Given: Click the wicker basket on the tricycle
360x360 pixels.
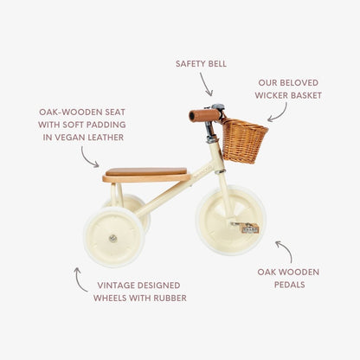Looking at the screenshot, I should click(244, 140).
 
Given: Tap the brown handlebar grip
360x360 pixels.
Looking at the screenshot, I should click(204, 115).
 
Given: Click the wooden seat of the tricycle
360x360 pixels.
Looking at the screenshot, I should click(146, 175).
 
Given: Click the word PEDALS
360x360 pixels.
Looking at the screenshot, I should click(288, 285).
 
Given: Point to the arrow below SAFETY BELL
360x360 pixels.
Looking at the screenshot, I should click(206, 84).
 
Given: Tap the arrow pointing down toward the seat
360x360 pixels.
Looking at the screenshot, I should click(89, 157).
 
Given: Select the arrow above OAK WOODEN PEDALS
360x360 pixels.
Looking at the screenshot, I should click(284, 252).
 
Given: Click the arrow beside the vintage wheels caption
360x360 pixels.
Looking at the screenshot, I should click(80, 278).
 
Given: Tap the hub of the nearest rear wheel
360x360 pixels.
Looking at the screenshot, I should click(112, 237).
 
